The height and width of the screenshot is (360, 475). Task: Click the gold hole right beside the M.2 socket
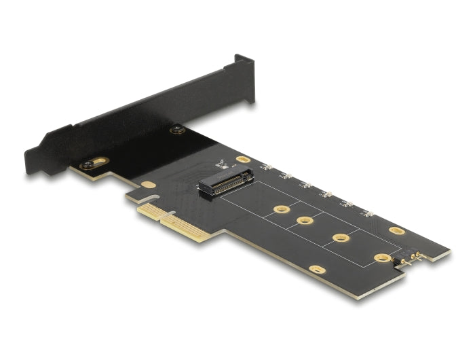(242, 160)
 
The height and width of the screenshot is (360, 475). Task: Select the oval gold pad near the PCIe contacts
(149, 185)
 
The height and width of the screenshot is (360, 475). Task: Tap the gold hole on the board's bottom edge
(316, 269)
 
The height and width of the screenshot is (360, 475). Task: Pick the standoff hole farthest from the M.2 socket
(383, 258)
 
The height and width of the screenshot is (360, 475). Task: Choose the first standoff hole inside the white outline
(278, 210)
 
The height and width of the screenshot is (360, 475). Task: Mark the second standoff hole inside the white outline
(305, 221)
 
